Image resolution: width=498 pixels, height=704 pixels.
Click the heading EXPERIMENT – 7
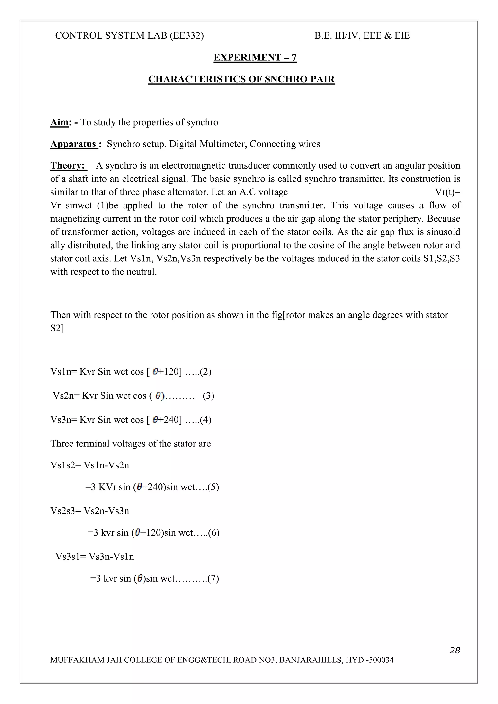tap(255, 58)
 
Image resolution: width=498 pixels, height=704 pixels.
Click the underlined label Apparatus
tap(73, 144)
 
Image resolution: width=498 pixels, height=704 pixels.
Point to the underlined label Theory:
tap(68, 166)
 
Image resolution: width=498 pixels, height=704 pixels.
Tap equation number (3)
tap(208, 395)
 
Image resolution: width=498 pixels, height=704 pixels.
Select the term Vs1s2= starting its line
tap(66, 465)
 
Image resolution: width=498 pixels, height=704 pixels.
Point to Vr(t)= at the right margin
tap(447, 192)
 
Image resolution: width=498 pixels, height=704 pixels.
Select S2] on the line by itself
tap(57, 328)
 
